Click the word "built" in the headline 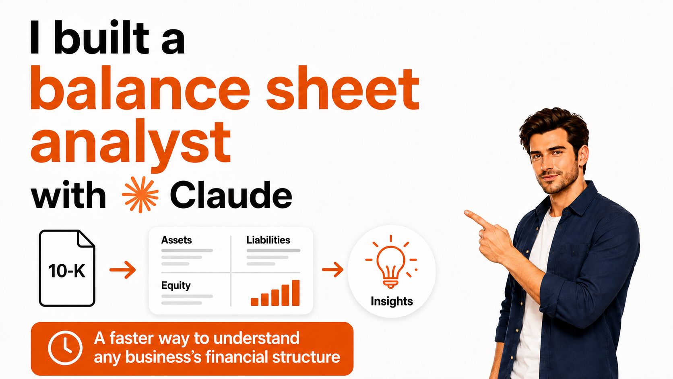101,37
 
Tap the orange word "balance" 140,88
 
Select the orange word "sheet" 343,88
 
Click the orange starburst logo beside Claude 140,195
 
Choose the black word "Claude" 231,195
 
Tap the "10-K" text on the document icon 67,271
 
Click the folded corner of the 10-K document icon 86,239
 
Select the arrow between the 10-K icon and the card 123,269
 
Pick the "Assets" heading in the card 176,240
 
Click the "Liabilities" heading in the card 268,240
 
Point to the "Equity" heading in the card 176,286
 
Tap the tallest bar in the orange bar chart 295,293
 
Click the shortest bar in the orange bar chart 254,302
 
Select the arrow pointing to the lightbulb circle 332,269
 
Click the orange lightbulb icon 391,262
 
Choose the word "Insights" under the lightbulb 392,301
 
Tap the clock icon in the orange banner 65,348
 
